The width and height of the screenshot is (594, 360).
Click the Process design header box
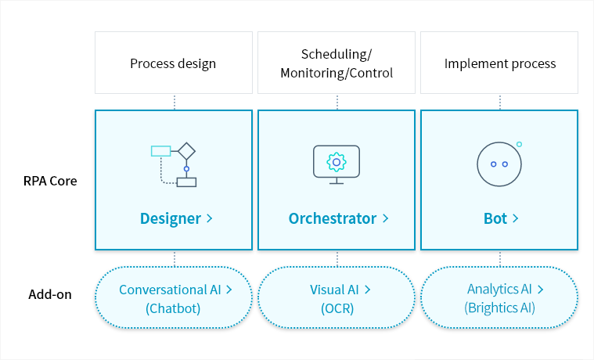click(173, 63)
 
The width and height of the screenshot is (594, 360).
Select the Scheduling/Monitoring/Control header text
click(337, 63)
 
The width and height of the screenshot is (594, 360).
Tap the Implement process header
click(499, 63)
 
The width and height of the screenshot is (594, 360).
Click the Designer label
click(171, 218)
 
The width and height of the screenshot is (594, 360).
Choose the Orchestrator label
click(333, 218)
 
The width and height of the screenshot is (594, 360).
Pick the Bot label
click(495, 218)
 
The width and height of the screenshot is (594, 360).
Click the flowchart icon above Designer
click(174, 164)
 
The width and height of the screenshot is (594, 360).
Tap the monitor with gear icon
click(337, 164)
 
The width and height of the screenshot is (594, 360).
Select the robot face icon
click(499, 164)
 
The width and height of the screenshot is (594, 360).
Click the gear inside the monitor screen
click(337, 162)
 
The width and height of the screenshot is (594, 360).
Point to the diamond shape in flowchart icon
click(186, 150)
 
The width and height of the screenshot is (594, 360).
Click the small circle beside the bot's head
click(519, 144)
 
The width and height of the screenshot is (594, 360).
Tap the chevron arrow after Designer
click(210, 218)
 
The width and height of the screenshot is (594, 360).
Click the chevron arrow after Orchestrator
click(385, 218)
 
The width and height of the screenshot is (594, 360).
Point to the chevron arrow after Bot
click(516, 218)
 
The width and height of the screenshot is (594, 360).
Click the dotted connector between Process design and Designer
click(174, 102)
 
